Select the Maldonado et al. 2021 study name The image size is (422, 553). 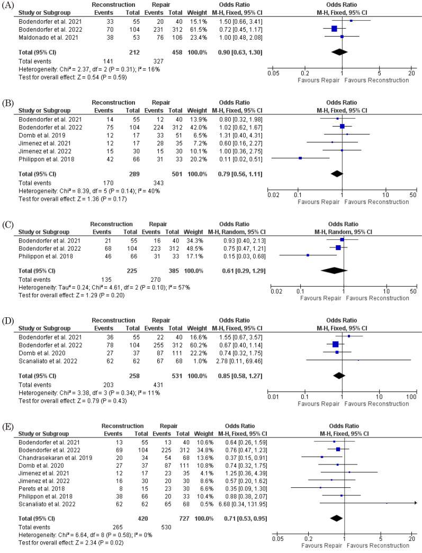[x=44, y=37]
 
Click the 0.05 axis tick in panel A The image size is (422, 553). [x=272, y=73]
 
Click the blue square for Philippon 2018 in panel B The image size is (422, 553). [x=300, y=158]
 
